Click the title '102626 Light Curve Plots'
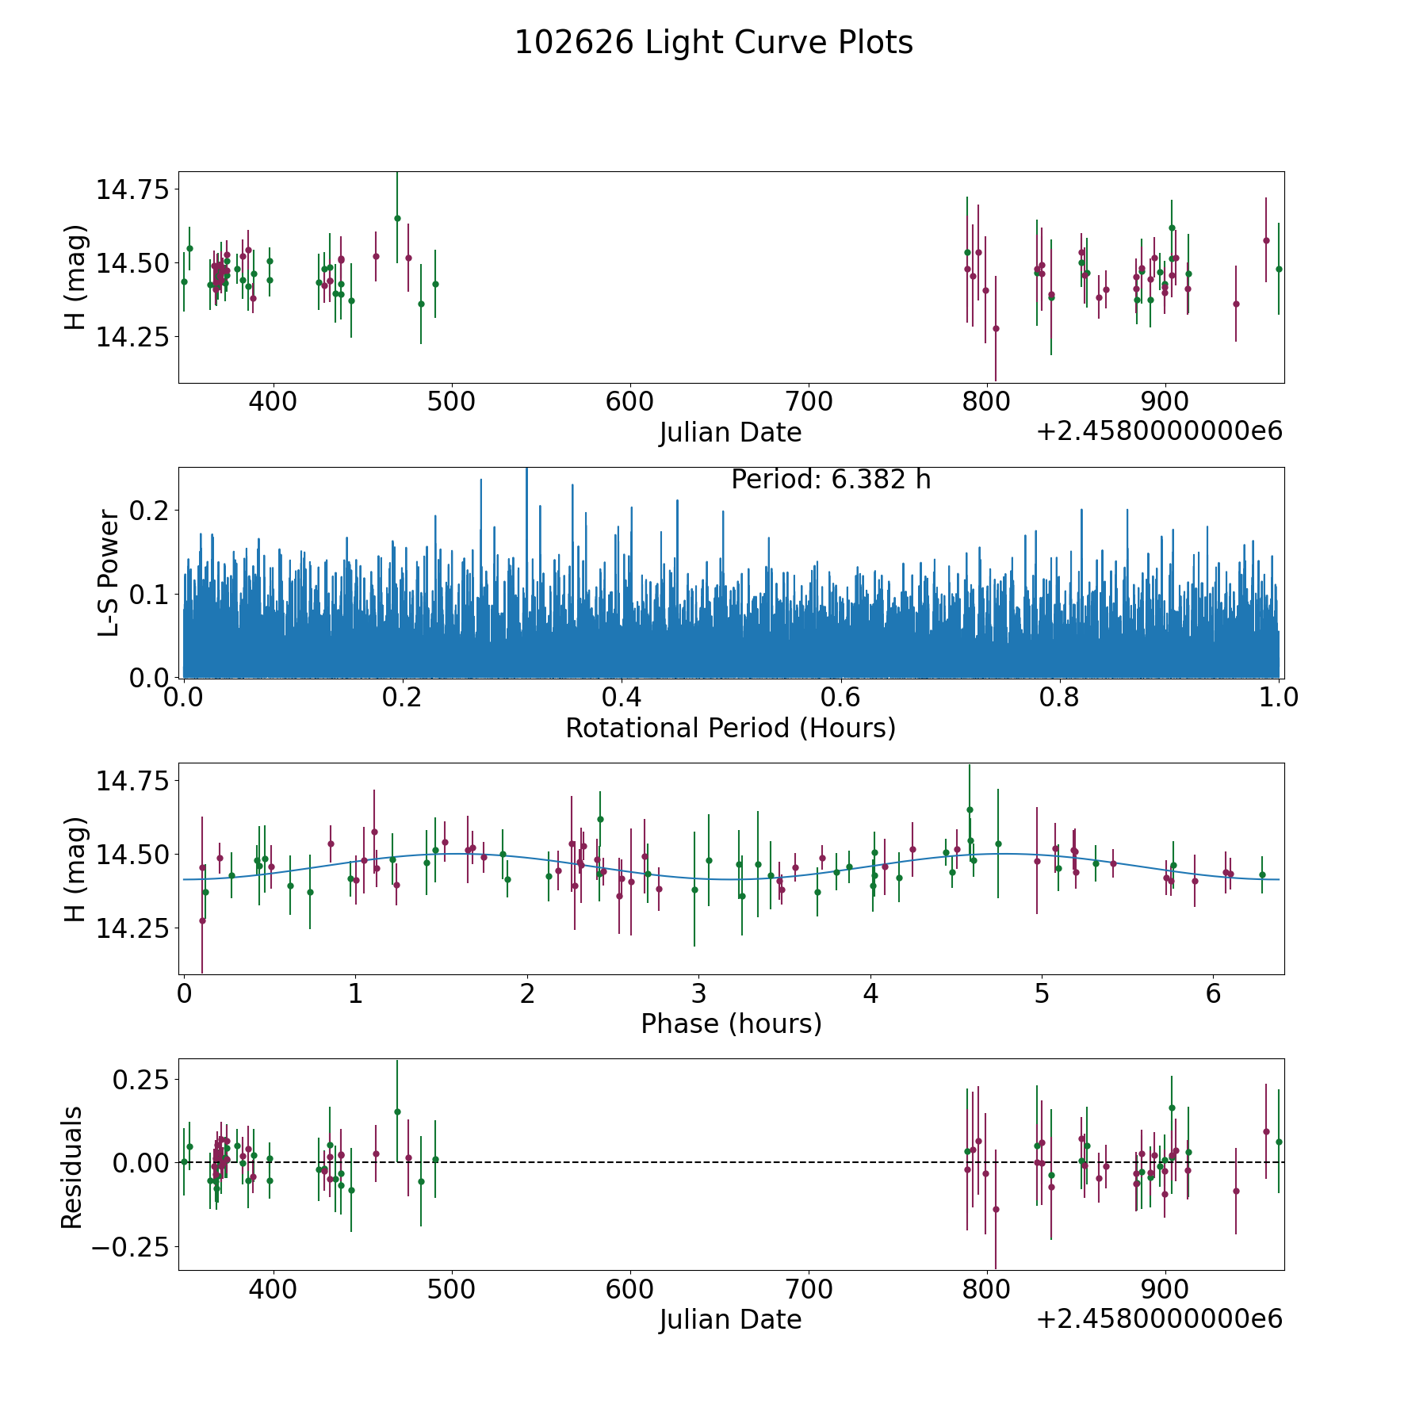(x=713, y=43)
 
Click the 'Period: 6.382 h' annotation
(x=831, y=480)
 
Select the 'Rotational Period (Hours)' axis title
(x=730, y=728)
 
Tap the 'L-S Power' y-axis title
(x=109, y=572)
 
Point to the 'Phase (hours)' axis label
(x=731, y=1023)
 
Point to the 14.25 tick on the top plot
(x=132, y=336)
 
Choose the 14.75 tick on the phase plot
(x=132, y=781)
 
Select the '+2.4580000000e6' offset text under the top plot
(x=1159, y=431)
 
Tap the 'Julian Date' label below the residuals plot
(x=730, y=1319)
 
